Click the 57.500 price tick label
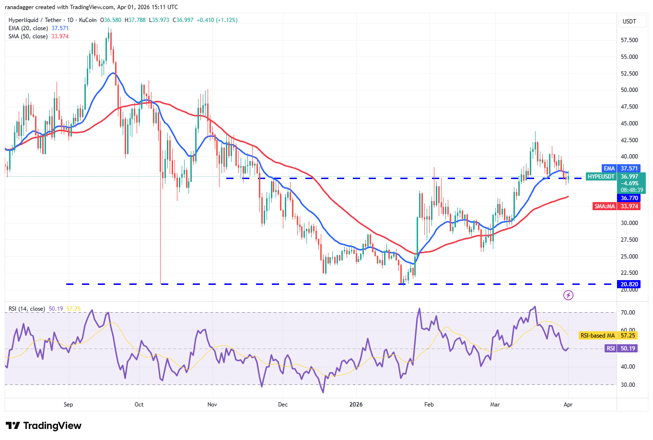click(x=629, y=40)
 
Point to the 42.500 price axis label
click(x=629, y=140)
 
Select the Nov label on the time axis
click(x=212, y=405)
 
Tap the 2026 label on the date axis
click(x=356, y=405)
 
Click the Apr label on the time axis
click(x=568, y=405)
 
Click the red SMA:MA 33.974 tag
click(x=617, y=206)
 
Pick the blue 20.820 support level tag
click(x=629, y=284)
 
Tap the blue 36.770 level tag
click(x=629, y=198)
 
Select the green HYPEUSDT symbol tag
click(x=601, y=177)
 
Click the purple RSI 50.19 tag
click(x=621, y=349)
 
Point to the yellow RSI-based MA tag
click(x=597, y=336)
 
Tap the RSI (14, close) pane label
click(x=26, y=309)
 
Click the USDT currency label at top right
click(x=629, y=22)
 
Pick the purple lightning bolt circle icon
click(x=568, y=295)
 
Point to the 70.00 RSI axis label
click(x=628, y=313)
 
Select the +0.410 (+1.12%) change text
click(x=217, y=20)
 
